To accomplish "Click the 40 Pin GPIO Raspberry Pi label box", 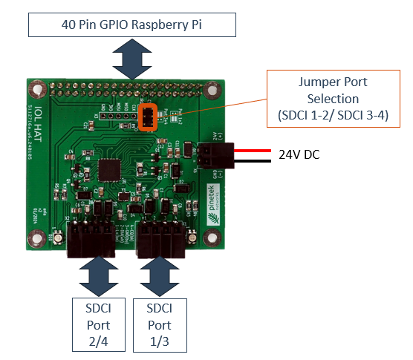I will point(131,24).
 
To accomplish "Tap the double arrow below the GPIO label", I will point(131,59).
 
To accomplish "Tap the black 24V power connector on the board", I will point(215,154).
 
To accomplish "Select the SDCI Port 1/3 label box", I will point(159,324).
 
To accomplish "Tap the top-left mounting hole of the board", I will point(35,88).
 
